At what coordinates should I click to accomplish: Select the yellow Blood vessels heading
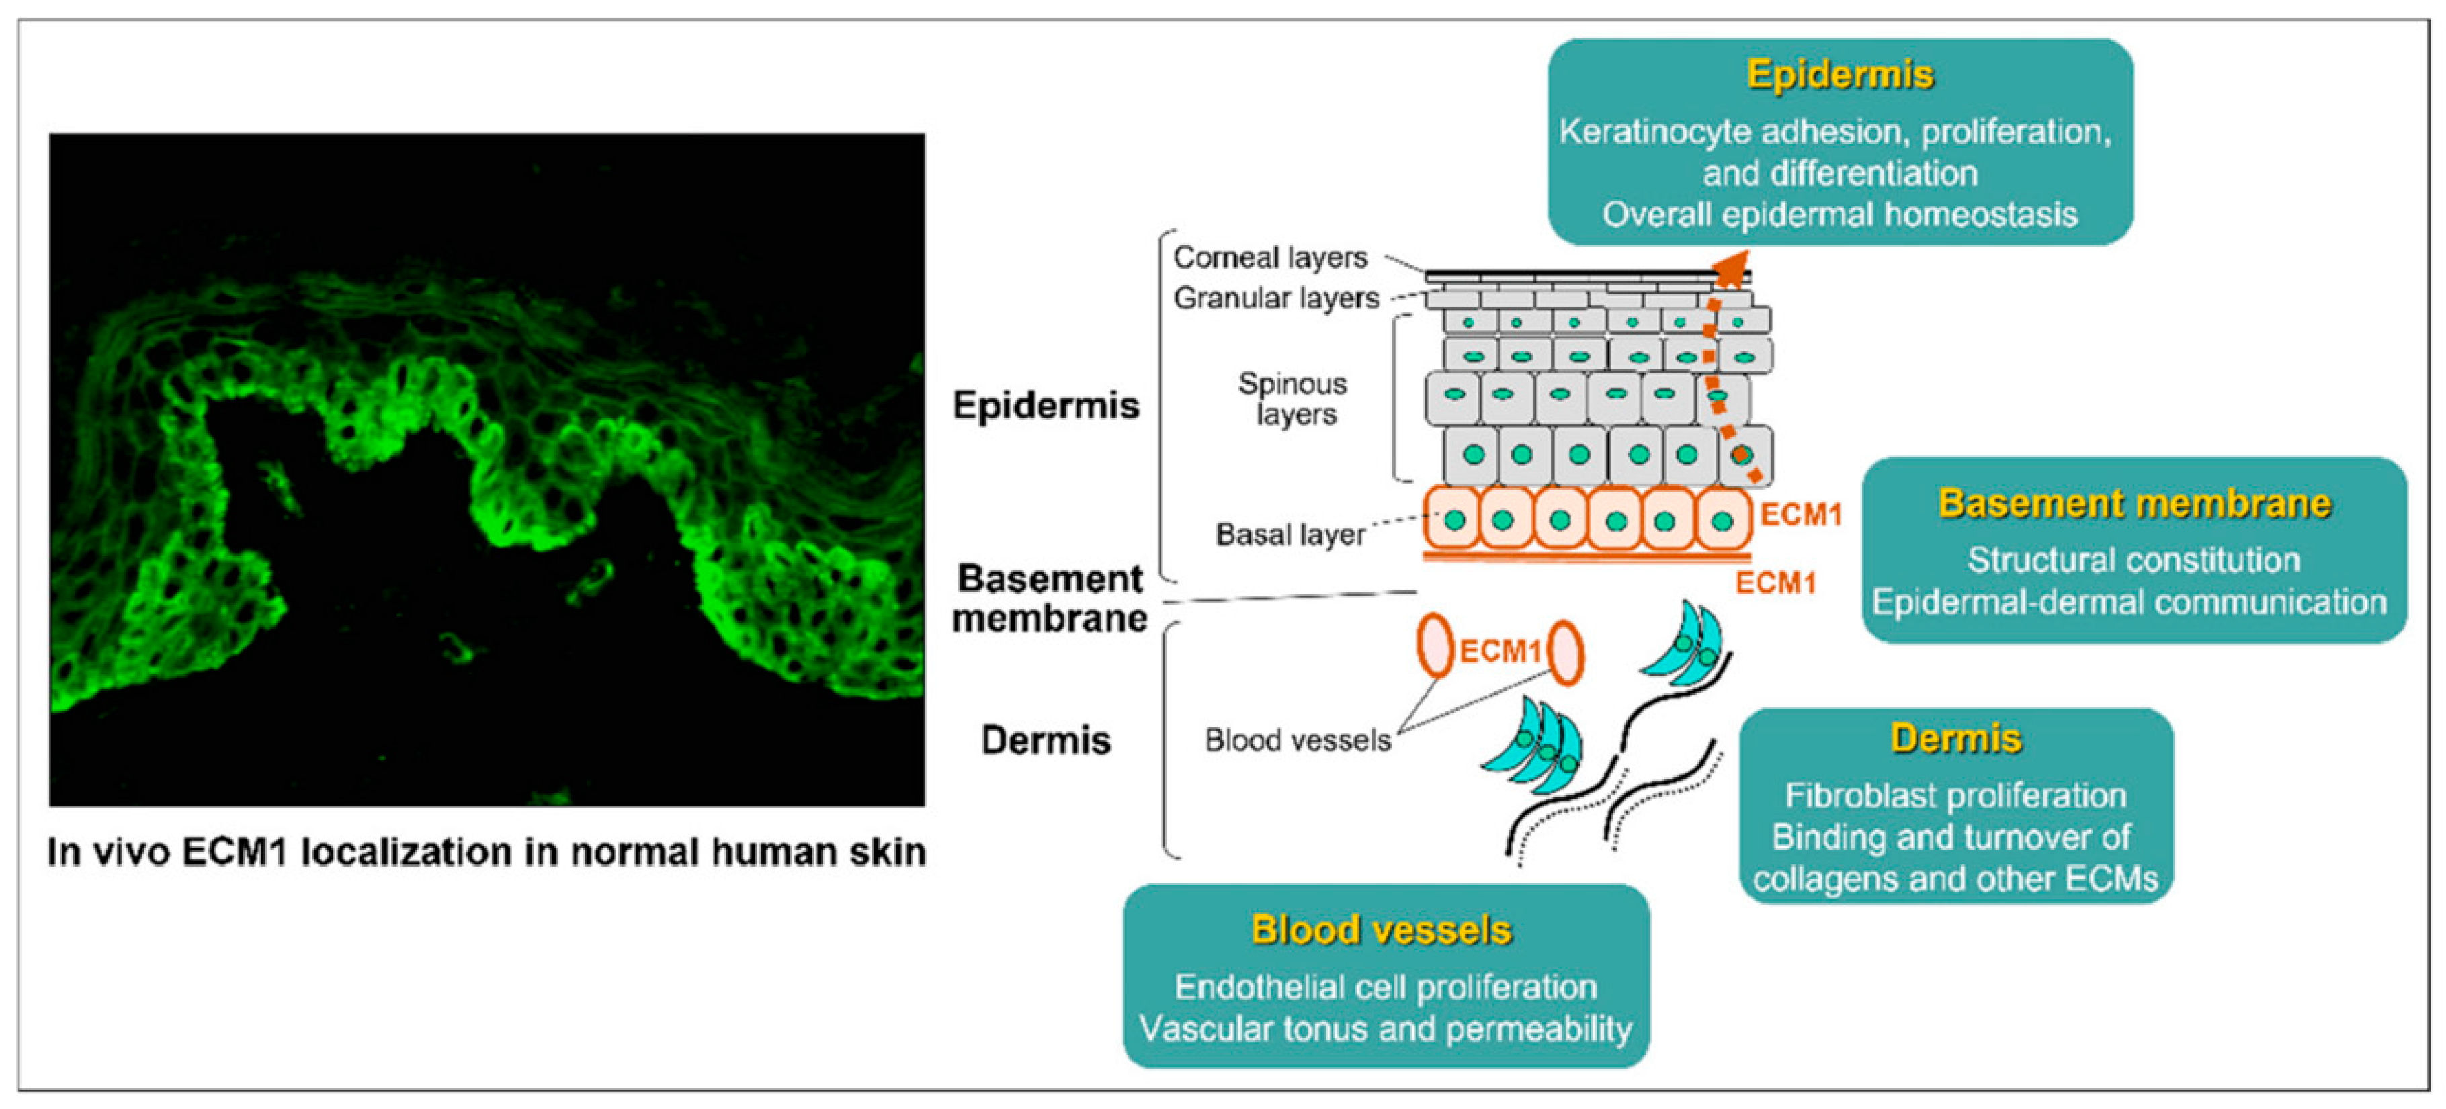click(1381, 930)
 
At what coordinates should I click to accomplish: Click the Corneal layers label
click(1269, 257)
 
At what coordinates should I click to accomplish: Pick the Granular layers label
click(1275, 298)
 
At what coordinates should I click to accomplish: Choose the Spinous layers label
click(1294, 399)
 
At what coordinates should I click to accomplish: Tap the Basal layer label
click(1290, 535)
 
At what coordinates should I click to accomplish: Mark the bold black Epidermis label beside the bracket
click(1046, 406)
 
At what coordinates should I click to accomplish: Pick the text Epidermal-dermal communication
click(2129, 602)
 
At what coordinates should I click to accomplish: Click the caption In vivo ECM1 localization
click(486, 852)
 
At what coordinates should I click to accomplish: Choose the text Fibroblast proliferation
click(1955, 795)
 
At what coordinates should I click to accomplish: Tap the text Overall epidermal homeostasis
click(1839, 214)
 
